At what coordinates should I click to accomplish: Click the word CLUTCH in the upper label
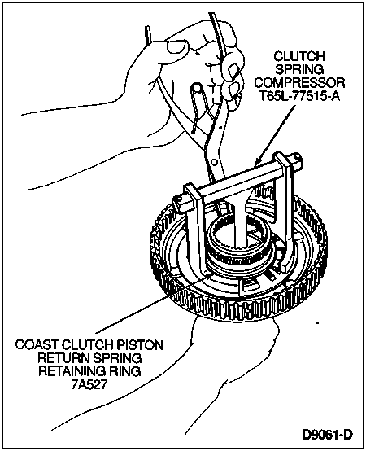[299, 56]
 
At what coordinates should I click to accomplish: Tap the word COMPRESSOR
[299, 83]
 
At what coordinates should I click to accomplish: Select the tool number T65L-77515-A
[300, 96]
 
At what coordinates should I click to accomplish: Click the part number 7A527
[89, 384]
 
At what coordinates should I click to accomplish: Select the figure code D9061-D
[327, 435]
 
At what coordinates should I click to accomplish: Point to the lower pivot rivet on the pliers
[213, 160]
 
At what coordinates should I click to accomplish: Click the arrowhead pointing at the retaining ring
[207, 277]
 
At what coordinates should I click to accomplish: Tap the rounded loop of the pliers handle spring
[197, 87]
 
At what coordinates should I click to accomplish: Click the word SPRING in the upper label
[299, 70]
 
